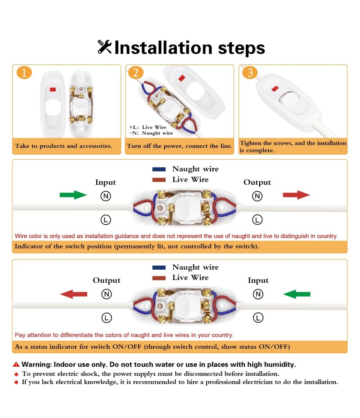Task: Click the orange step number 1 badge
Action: pos(24,72)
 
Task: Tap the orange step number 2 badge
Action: pos(136,72)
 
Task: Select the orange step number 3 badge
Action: pos(250,72)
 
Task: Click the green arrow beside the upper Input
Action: pos(73,195)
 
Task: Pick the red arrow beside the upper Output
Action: pos(296,195)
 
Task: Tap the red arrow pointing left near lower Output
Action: pos(74,294)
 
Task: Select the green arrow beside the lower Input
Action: pos(297,294)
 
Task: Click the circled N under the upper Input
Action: pos(105,196)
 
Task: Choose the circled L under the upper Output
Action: pos(257,220)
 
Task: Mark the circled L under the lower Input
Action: pos(258,318)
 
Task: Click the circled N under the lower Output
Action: pos(106,294)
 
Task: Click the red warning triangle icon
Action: pos(16,365)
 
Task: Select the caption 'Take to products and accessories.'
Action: pos(63,146)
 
